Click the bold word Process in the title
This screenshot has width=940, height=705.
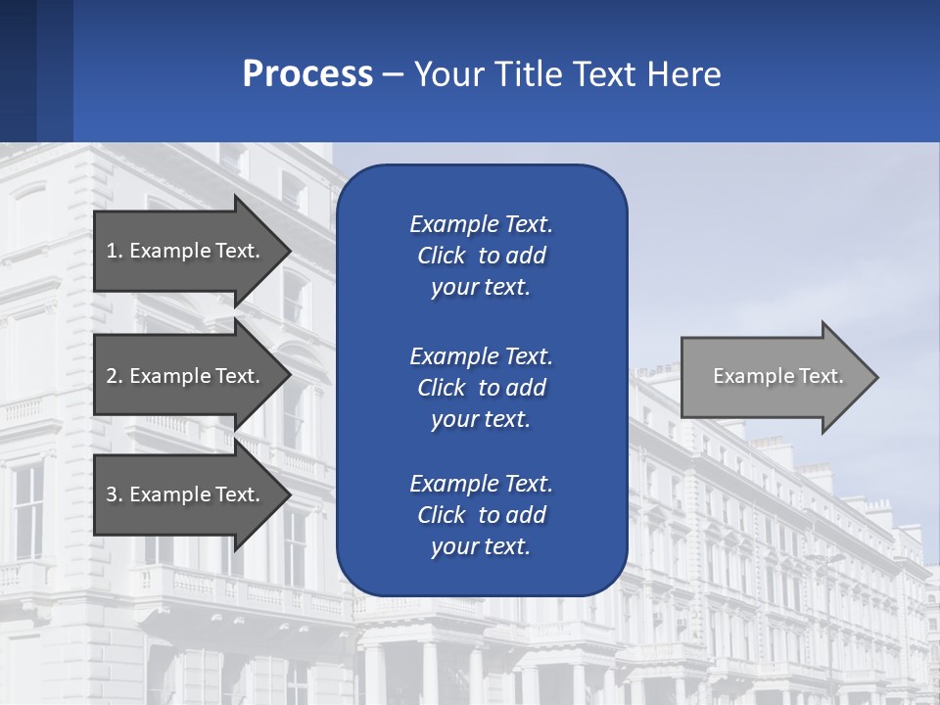pyautogui.click(x=307, y=73)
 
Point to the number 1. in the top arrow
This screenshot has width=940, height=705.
pyautogui.click(x=115, y=251)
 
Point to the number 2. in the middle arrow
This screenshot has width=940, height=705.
pyautogui.click(x=115, y=376)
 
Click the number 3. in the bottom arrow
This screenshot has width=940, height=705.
pyautogui.click(x=115, y=494)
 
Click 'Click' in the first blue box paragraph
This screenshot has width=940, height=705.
pyautogui.click(x=442, y=257)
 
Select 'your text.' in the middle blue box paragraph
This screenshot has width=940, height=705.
pyautogui.click(x=481, y=419)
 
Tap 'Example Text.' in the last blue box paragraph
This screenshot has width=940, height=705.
pyautogui.click(x=481, y=484)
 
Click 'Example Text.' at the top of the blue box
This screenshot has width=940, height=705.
pyautogui.click(x=481, y=224)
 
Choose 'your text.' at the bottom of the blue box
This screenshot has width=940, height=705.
pyautogui.click(x=481, y=547)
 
